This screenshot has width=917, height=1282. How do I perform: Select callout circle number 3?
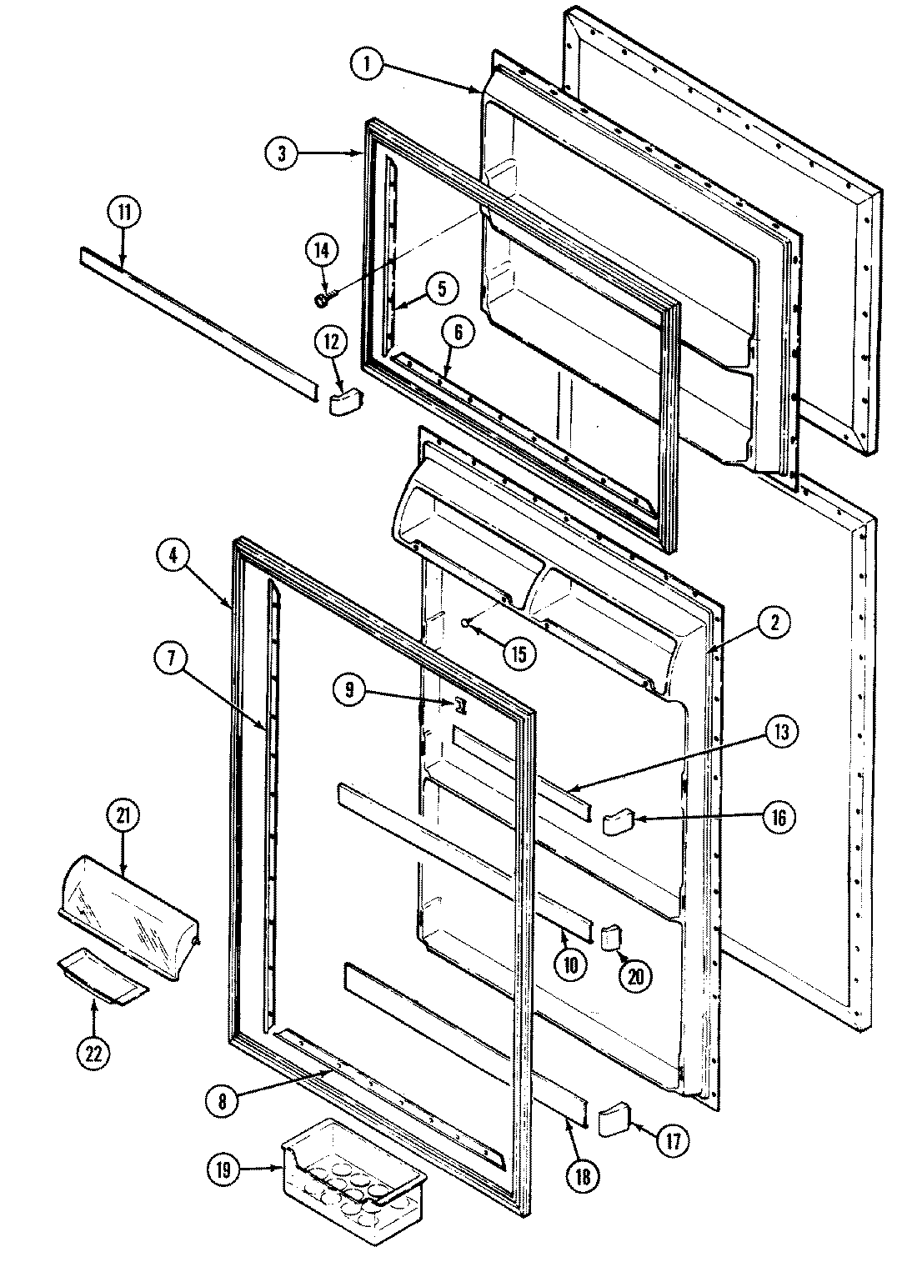pyautogui.click(x=283, y=153)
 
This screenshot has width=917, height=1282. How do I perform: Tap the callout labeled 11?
pyautogui.click(x=123, y=213)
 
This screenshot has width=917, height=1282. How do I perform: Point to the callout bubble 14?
pyautogui.click(x=322, y=249)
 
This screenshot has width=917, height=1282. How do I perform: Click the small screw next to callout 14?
pyautogui.click(x=322, y=298)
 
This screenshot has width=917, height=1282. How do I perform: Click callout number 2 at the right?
pyautogui.click(x=774, y=620)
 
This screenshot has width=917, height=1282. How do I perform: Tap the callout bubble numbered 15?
pyautogui.click(x=519, y=654)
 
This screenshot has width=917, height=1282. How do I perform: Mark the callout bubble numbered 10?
pyautogui.click(x=572, y=964)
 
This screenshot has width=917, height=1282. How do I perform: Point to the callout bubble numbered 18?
pyautogui.click(x=582, y=1176)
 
